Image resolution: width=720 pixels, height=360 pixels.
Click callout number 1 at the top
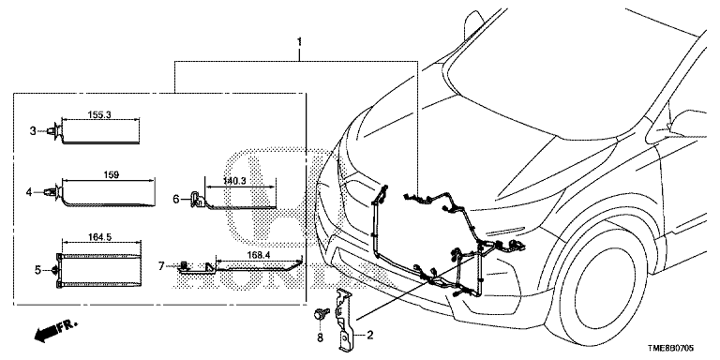[x=299, y=42]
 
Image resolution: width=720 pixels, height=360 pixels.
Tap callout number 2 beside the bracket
[x=370, y=336]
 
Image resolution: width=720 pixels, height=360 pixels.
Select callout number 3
[x=33, y=131]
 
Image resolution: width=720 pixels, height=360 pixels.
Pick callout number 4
[x=29, y=192]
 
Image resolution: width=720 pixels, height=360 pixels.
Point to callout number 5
[x=38, y=270]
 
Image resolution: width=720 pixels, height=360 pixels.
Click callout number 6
[x=176, y=199]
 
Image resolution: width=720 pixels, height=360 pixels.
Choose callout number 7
[x=161, y=266]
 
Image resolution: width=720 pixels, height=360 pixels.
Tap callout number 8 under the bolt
[x=320, y=337]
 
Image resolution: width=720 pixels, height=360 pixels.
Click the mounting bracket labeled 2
[x=345, y=321]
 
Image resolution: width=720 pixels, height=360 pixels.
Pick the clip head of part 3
[x=54, y=131]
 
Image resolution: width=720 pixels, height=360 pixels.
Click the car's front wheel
[x=599, y=289]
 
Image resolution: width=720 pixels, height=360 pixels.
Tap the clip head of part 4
[x=52, y=192]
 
